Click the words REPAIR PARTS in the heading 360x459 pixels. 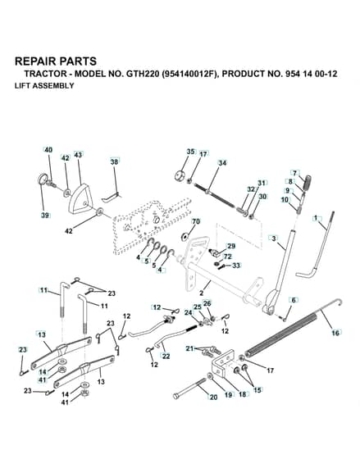coord(56,61)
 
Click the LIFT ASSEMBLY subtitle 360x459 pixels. coord(44,86)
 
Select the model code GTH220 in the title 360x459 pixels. coord(143,74)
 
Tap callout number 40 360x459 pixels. coord(48,149)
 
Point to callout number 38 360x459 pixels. coord(115,161)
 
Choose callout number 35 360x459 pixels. coord(190,152)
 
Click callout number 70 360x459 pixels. coord(196,221)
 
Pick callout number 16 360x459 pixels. coord(335,333)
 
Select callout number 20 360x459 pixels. coord(213,398)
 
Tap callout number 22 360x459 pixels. coord(166,357)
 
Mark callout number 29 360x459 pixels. coord(231,246)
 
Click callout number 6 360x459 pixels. coord(294,300)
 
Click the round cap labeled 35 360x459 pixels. coord(179,176)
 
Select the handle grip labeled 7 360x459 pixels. coord(308,182)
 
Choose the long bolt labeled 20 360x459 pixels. coord(189,389)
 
